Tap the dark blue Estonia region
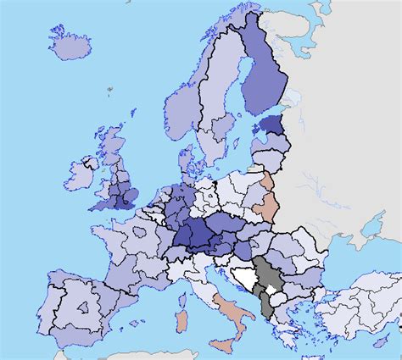coord(271,125)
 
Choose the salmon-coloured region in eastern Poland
coord(268,199)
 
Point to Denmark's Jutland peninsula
coord(181,149)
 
